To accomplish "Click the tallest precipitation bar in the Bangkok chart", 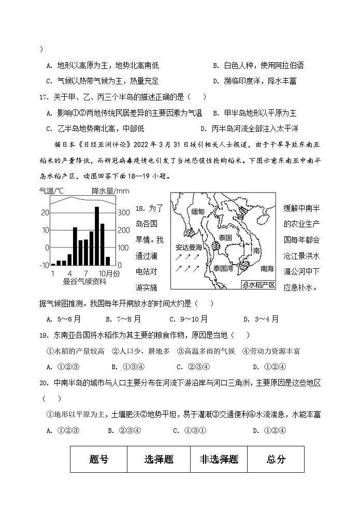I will pyautogui.click(x=97, y=236).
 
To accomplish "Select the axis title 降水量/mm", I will pyautogui.click(x=110, y=191).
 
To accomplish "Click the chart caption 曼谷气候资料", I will pyautogui.click(x=84, y=281).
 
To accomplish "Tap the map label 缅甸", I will pyautogui.click(x=197, y=211).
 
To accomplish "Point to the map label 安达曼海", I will pyautogui.click(x=188, y=247).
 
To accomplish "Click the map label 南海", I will pyautogui.click(x=267, y=269).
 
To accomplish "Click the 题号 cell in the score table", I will pyautogui.click(x=98, y=459).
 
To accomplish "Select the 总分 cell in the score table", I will pyautogui.click(x=276, y=459).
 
